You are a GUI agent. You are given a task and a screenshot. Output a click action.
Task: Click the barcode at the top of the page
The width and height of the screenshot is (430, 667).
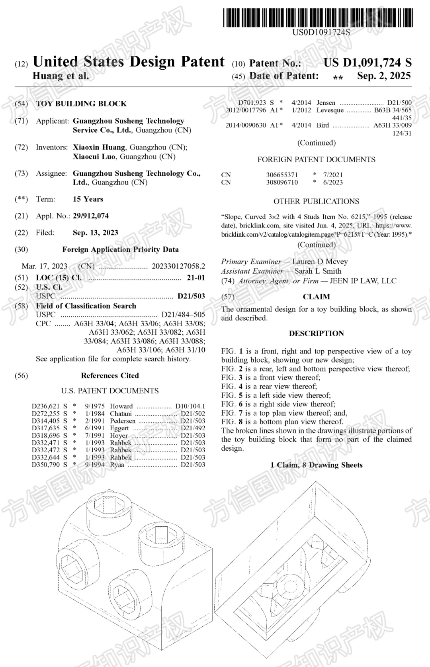318,18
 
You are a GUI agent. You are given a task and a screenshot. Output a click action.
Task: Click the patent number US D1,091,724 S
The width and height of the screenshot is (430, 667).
367,63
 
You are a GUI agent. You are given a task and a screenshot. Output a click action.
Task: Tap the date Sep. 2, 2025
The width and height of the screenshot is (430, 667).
384,76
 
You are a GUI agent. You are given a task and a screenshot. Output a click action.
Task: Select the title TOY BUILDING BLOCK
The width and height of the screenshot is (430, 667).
81,104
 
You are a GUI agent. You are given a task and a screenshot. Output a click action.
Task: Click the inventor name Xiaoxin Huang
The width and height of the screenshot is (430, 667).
100,147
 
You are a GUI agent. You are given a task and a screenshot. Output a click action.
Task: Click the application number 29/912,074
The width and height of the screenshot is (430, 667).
91,216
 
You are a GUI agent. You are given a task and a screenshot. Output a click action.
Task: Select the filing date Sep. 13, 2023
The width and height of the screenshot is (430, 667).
96,233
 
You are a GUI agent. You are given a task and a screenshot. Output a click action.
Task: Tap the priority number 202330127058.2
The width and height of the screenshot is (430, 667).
178,266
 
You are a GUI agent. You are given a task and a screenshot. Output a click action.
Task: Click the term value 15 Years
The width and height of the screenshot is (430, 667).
88,199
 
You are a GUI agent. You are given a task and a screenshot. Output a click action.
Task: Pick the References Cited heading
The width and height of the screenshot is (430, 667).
110,375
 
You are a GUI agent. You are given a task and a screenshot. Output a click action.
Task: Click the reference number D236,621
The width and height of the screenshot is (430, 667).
45,406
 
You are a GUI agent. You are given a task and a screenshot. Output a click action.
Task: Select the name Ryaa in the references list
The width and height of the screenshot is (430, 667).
117,465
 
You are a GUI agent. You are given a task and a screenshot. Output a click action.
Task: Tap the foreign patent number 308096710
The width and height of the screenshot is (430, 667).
282,182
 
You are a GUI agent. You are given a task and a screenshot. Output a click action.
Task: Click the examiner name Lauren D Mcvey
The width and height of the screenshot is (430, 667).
320,262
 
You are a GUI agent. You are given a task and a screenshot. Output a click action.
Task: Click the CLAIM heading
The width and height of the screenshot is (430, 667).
316,297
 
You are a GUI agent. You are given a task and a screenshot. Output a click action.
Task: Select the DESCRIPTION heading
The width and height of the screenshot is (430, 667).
316,333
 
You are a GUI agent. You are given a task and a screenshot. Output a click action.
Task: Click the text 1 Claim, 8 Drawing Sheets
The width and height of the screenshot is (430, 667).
316,465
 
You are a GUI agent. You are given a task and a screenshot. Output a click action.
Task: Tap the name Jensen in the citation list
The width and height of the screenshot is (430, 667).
326,103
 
